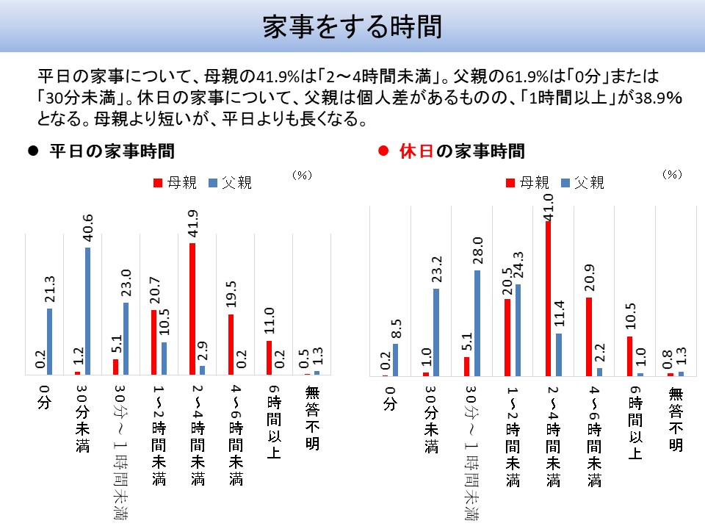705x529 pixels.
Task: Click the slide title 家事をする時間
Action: (352, 27)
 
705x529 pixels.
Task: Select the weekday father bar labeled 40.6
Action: (88, 311)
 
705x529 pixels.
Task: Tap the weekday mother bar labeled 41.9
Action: (192, 309)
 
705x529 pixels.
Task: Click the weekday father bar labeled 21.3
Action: (50, 342)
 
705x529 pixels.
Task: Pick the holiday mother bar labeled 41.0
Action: (548, 298)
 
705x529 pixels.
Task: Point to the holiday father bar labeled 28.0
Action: (477, 323)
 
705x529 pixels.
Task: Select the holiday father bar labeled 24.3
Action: (518, 330)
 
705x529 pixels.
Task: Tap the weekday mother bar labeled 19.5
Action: (231, 345)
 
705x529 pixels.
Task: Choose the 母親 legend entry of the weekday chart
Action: (173, 183)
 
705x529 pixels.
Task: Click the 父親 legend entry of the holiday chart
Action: (584, 183)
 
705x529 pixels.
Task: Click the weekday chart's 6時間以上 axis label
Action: (273, 422)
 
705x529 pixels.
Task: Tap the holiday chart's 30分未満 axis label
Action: (430, 419)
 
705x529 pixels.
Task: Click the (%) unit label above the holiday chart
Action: (672, 174)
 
